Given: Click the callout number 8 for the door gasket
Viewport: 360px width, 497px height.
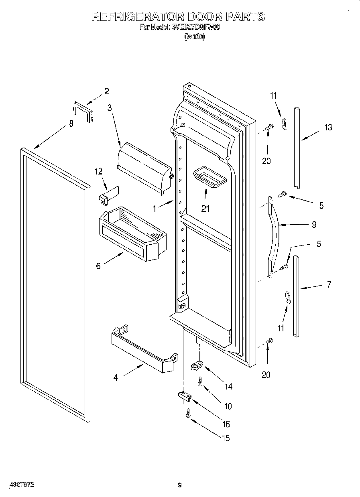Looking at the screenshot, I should [71, 124].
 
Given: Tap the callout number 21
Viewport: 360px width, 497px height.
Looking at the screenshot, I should [205, 209].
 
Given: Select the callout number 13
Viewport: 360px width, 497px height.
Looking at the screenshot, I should [328, 128].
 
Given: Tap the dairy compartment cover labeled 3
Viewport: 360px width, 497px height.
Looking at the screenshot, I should [144, 166].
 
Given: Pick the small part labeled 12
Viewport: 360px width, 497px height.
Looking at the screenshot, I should [108, 194].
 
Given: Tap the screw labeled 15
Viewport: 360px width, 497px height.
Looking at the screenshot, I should [187, 416].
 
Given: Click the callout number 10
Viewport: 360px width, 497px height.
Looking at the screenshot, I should [228, 406].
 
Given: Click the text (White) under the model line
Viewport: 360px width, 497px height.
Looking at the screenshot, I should [194, 37].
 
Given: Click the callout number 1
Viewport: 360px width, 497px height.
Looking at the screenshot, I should [155, 208].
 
